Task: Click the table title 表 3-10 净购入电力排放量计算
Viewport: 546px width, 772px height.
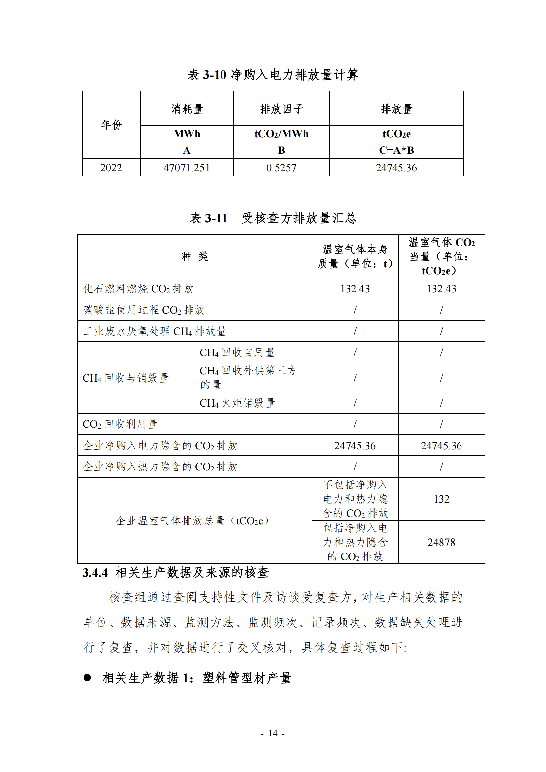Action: tap(273, 75)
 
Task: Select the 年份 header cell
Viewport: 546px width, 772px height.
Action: tap(111, 125)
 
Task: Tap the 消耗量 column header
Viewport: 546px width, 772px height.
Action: tap(187, 109)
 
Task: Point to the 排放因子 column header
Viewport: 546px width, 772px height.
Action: tap(281, 109)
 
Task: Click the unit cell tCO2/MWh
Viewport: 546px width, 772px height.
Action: tap(281, 134)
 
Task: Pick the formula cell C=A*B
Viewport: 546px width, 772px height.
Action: tap(396, 150)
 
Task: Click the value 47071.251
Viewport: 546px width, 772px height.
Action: tap(187, 167)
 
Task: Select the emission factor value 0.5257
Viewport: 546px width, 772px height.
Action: tap(281, 167)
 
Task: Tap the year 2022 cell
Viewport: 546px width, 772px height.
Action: tap(111, 167)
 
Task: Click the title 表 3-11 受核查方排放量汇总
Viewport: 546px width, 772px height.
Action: tap(273, 218)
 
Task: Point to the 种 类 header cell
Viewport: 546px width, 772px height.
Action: tap(195, 256)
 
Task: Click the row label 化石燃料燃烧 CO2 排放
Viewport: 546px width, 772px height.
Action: tap(139, 289)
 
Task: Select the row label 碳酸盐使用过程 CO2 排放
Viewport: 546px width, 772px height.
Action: tap(144, 310)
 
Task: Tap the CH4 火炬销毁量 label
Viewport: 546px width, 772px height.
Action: tap(237, 403)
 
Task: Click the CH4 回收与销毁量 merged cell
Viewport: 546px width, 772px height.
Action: tap(125, 378)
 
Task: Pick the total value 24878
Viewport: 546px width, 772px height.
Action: tap(441, 542)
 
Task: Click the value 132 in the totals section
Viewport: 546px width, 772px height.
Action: tap(441, 499)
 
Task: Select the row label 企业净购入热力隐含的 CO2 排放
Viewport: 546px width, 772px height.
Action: tap(160, 467)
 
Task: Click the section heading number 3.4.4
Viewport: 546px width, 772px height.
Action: tap(95, 573)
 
